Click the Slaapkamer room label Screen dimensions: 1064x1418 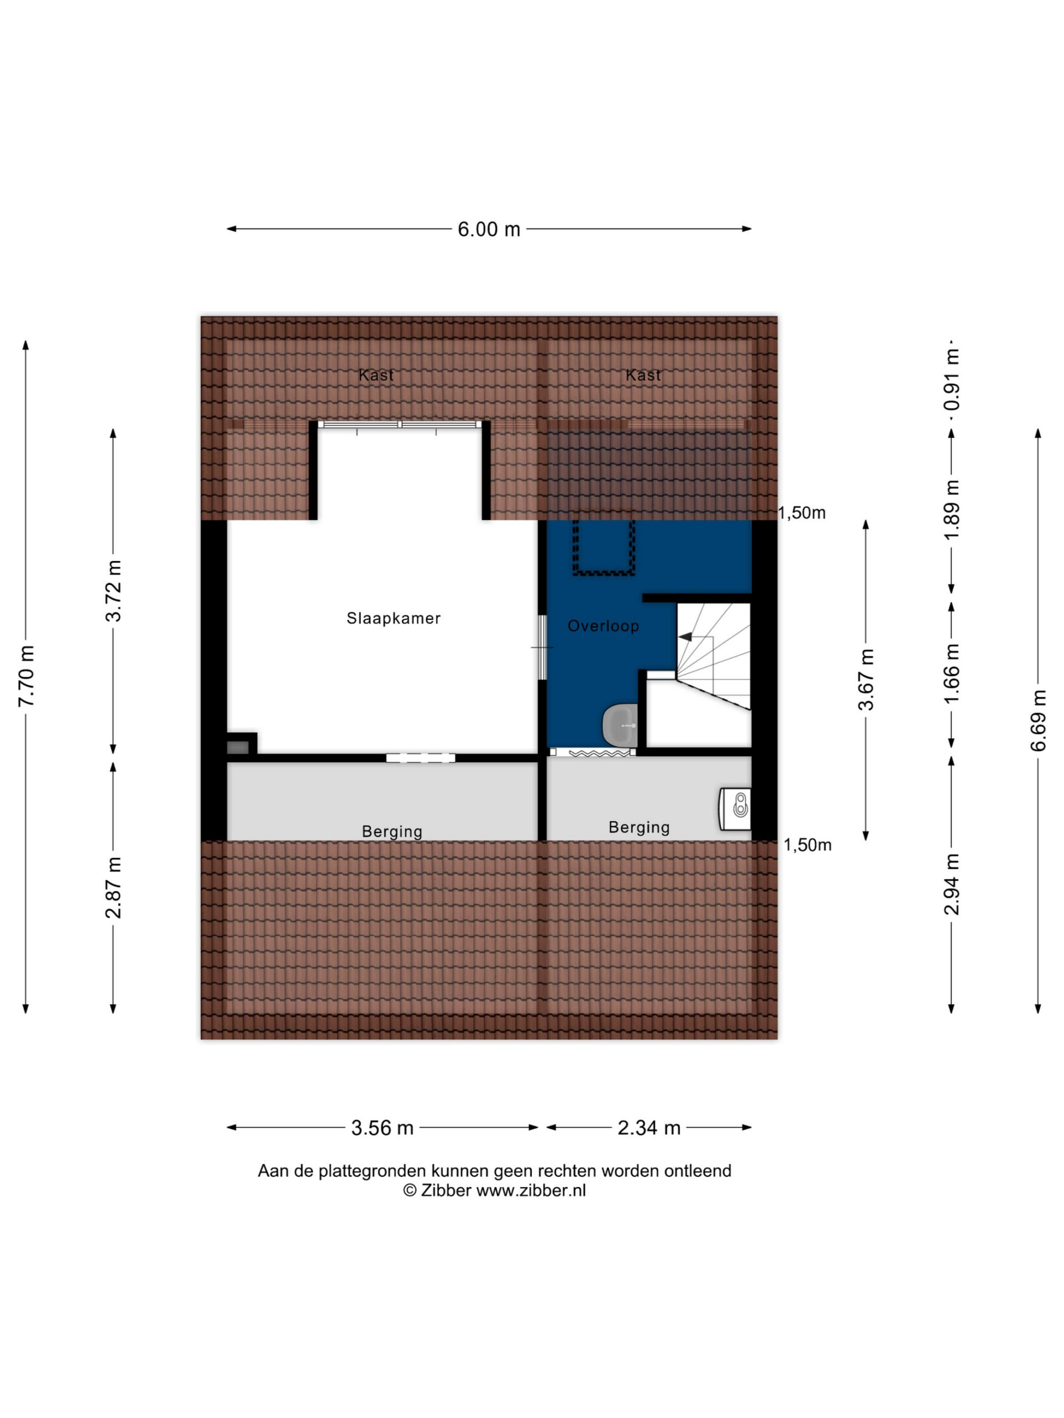click(393, 618)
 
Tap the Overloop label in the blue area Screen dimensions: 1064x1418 click(603, 626)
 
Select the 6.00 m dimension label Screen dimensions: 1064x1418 click(489, 229)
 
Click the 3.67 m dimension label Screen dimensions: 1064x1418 click(866, 680)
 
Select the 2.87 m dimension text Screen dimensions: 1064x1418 click(114, 887)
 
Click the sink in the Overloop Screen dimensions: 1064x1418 click(620, 725)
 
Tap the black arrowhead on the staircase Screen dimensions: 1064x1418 click(686, 636)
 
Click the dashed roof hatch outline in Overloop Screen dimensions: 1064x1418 click(603, 547)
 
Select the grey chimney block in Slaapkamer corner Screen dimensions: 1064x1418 click(237, 747)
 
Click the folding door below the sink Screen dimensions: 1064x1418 click(592, 752)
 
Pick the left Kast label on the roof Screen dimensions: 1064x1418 click(376, 375)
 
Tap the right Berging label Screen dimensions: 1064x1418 click(639, 828)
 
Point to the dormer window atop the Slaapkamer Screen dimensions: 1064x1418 click(400, 424)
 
